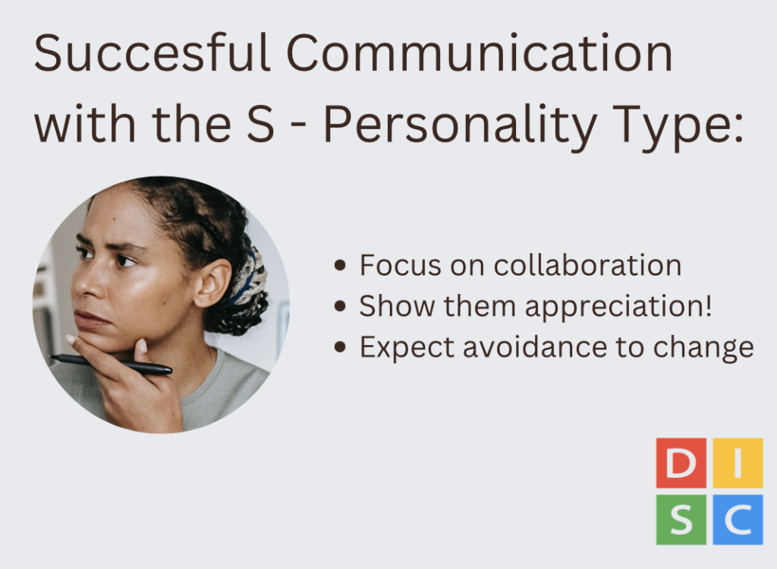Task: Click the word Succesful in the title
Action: [152, 52]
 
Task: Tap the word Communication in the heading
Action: [480, 52]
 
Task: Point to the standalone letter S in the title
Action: [260, 124]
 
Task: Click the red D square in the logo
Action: [681, 463]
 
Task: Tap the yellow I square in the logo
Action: [738, 463]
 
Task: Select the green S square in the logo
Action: [681, 520]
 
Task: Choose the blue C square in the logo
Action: [738, 520]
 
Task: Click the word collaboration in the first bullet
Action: [588, 265]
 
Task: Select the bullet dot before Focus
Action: [340, 265]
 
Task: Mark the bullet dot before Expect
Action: [340, 346]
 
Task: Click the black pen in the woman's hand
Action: [112, 364]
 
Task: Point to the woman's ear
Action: [212, 283]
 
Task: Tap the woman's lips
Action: [90, 320]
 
